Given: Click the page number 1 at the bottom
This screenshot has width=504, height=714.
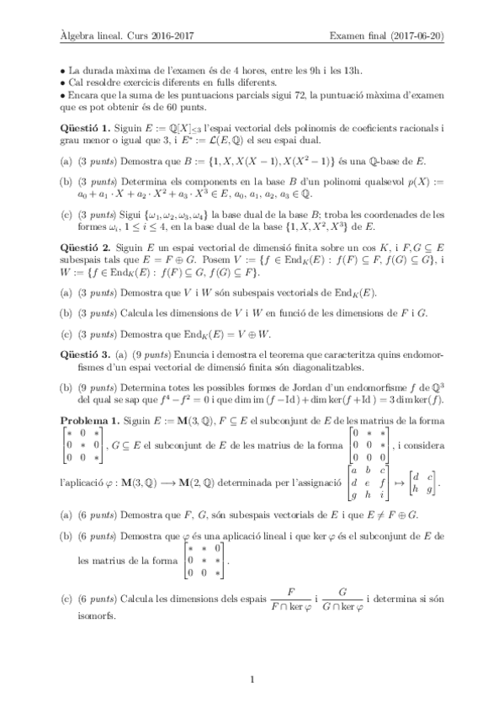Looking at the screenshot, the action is (x=252, y=678).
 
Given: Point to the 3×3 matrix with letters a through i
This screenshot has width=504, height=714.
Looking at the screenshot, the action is (x=371, y=484).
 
